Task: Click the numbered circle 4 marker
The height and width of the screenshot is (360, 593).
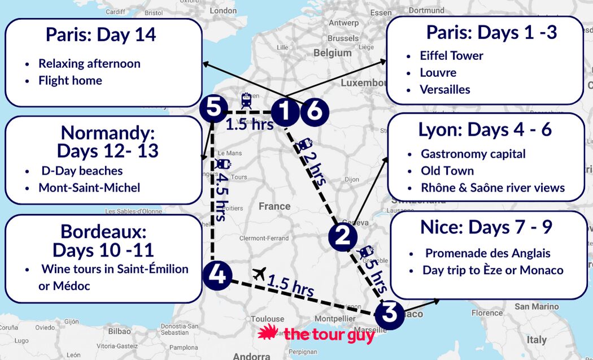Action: pos(216,276)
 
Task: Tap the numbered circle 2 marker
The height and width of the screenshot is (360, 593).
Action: pos(343,237)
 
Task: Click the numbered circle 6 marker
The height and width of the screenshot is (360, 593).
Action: pos(314,112)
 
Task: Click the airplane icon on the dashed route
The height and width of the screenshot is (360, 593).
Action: pos(260,274)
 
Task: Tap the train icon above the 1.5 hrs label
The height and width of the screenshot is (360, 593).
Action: pos(246,101)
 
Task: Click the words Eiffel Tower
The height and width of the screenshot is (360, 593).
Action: pos(451,55)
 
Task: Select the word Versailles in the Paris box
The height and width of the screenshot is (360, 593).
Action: pos(444,89)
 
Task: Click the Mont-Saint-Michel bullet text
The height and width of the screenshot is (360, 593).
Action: pos(89,188)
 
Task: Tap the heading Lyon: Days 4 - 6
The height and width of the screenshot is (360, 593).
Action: pos(485,129)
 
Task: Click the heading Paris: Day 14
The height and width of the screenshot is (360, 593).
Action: pos(101,35)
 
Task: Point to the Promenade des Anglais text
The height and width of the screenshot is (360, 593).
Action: pos(487,253)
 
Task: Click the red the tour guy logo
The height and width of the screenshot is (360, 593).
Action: pos(316,335)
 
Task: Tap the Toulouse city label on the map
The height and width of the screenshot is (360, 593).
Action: pos(267,319)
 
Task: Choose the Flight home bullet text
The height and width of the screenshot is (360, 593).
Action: pos(70,80)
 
